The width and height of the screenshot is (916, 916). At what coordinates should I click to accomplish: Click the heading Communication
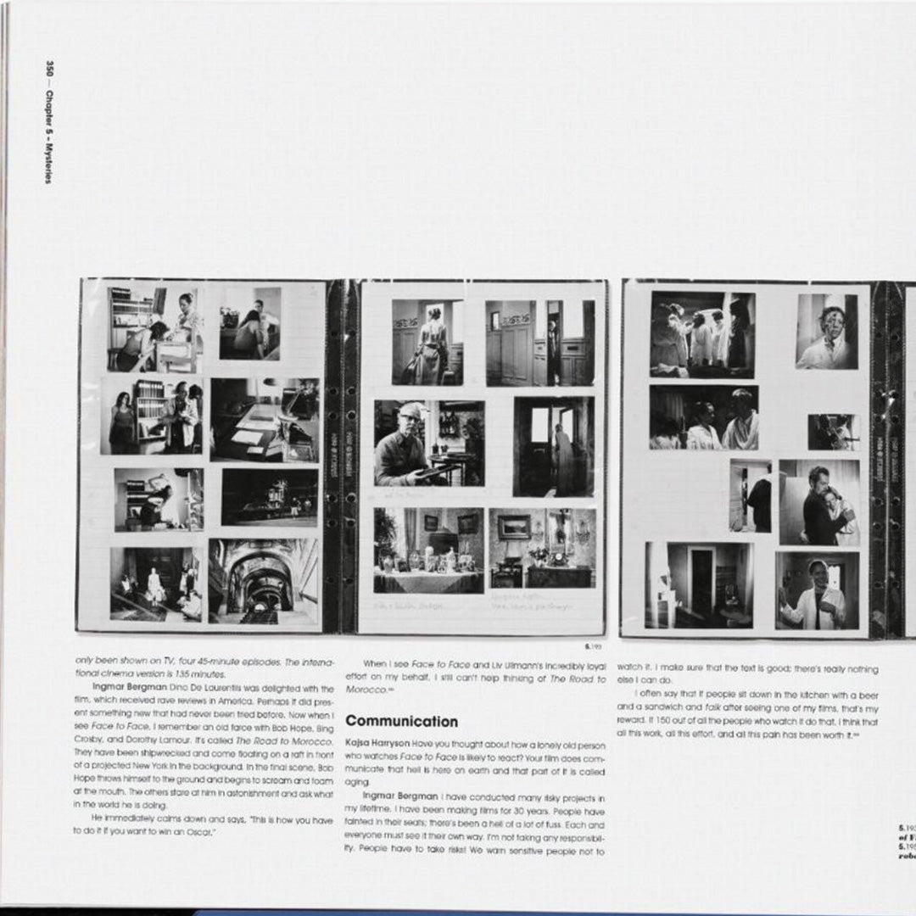pyautogui.click(x=401, y=722)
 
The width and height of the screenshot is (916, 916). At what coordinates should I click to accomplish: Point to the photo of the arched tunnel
pyautogui.click(x=264, y=581)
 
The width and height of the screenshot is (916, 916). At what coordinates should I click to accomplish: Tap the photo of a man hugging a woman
pyautogui.click(x=818, y=502)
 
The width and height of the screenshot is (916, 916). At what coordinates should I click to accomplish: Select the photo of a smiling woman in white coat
pyautogui.click(x=816, y=591)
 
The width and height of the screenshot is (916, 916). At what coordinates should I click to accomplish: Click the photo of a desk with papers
pyautogui.click(x=265, y=420)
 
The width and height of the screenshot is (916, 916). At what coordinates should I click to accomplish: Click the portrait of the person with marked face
pyautogui.click(x=826, y=331)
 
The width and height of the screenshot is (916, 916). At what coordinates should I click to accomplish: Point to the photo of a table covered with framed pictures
pyautogui.click(x=428, y=550)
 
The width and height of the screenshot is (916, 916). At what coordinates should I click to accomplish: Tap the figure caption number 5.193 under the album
pyautogui.click(x=595, y=646)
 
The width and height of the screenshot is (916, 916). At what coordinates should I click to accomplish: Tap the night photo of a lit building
pyautogui.click(x=270, y=498)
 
